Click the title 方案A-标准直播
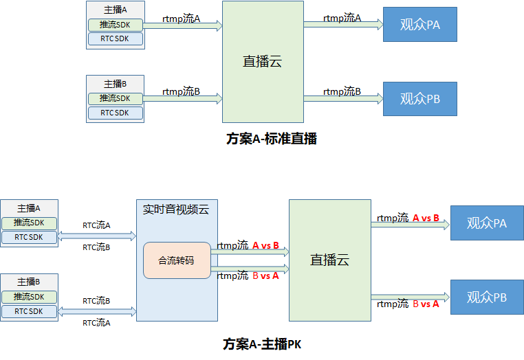pyautogui.click(x=271, y=138)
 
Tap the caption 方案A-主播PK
pyautogui.click(x=262, y=344)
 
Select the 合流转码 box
pyautogui.click(x=177, y=260)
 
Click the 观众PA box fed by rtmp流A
pyautogui.click(x=419, y=25)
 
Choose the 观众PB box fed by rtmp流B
pyautogui.click(x=419, y=99)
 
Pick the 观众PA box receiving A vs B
pyautogui.click(x=486, y=223)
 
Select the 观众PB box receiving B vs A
pyautogui.click(x=486, y=297)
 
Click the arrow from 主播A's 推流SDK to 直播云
pyautogui.click(x=184, y=26)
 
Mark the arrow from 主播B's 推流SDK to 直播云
pyautogui.click(x=184, y=99)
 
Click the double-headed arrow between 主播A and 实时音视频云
pyautogui.click(x=97, y=236)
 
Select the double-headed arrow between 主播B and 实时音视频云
pyautogui.click(x=97, y=311)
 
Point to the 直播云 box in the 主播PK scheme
pyautogui.click(x=329, y=260)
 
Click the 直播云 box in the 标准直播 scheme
pyautogui.click(x=263, y=61)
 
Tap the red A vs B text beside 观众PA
pyautogui.click(x=426, y=218)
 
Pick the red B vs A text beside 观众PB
pyautogui.click(x=425, y=304)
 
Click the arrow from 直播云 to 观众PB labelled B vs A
pyautogui.click(x=411, y=297)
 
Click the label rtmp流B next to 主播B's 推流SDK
pyautogui.click(x=181, y=91)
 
